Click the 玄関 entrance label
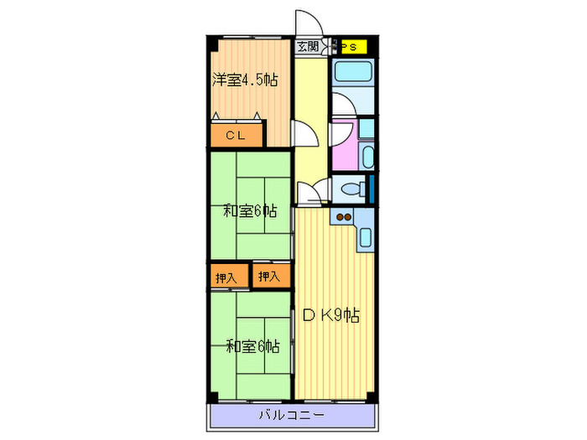(308, 47)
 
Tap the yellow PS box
(353, 47)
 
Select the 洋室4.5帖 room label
(245, 80)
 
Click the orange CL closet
(236, 135)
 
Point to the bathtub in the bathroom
(353, 71)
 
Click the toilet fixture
(354, 189)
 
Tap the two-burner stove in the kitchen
(343, 217)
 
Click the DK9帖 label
(331, 315)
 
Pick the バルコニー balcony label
(292, 415)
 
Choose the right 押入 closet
(272, 276)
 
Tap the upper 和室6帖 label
(250, 211)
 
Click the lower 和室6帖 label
(253, 346)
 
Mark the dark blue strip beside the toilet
(371, 189)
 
